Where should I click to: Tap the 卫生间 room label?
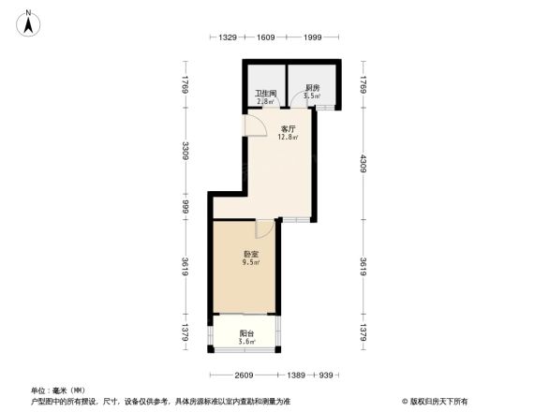[264, 94]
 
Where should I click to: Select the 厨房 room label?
[313, 89]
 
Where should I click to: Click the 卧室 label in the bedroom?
[251, 254]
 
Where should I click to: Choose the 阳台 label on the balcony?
[245, 333]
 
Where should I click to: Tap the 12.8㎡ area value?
[288, 138]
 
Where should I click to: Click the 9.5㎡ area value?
[251, 263]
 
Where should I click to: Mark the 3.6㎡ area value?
[245, 343]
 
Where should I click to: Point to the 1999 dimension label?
[313, 37]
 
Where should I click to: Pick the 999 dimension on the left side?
[186, 205]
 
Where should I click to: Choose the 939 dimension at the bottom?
[326, 375]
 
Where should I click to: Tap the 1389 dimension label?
[295, 375]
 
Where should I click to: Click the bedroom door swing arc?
[263, 228]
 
